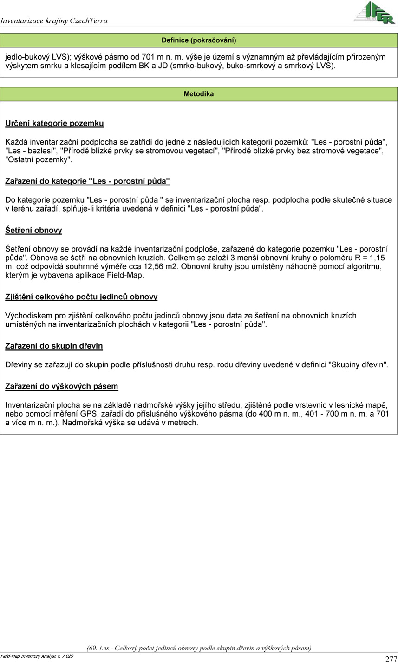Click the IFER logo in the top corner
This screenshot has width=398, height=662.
(374, 13)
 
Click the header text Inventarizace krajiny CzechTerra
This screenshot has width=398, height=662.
(54, 20)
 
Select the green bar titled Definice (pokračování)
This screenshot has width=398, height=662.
(199, 40)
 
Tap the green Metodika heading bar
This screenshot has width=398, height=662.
(199, 94)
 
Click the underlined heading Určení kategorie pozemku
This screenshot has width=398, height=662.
(54, 124)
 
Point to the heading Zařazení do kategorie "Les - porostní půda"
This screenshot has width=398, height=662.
(87, 181)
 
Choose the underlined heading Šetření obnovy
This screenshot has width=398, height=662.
(33, 230)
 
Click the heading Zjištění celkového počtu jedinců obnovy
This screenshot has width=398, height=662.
(81, 297)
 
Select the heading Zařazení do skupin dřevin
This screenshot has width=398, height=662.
(54, 346)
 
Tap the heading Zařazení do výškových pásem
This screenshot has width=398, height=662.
(61, 386)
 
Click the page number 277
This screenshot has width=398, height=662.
(391, 658)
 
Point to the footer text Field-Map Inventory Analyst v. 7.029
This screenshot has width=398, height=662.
(37, 656)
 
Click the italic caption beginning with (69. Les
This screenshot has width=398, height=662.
(199, 648)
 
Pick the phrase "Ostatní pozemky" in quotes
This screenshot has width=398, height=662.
(39, 159)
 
